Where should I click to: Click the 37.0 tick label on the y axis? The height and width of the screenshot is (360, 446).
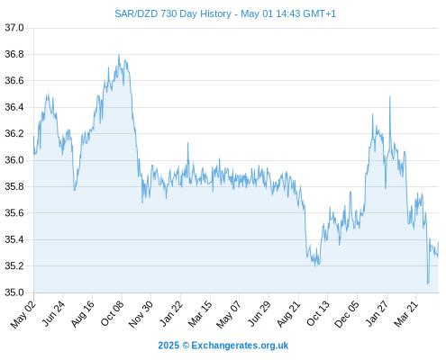click(14, 28)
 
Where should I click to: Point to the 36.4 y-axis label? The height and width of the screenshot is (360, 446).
click(14, 107)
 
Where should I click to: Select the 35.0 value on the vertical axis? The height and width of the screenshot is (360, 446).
click(14, 292)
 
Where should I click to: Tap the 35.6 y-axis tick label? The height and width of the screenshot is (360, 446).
click(14, 213)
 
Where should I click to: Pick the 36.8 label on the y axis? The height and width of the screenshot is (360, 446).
click(14, 54)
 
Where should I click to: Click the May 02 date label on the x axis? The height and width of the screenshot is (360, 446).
click(23, 314)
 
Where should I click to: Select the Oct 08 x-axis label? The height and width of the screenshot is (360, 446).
click(112, 313)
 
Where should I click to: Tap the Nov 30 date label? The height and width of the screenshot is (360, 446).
click(141, 314)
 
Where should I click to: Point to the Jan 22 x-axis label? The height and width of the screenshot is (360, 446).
click(171, 313)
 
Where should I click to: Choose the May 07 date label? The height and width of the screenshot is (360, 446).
click(229, 314)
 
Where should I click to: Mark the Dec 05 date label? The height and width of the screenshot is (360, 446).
click(347, 314)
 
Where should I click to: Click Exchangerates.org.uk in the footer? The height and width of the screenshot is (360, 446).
click(240, 346)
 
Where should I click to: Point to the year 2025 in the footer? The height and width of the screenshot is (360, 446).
click(168, 346)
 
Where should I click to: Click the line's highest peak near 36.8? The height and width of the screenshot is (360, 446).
click(119, 55)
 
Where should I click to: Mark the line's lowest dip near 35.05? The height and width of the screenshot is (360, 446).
click(428, 283)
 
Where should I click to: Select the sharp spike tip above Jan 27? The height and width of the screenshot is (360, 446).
click(390, 96)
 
